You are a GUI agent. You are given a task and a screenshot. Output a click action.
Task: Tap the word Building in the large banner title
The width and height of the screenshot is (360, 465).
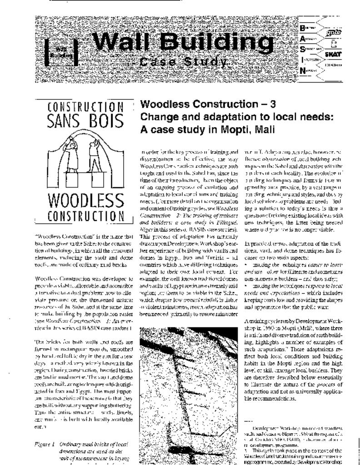click(212, 43)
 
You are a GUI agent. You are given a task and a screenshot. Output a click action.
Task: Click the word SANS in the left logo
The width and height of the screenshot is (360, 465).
click(68, 121)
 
